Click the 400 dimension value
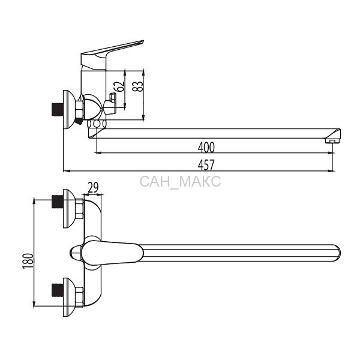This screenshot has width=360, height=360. tap(206, 148)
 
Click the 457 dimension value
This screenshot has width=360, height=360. tap(206, 165)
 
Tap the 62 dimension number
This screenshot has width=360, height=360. tap(121, 86)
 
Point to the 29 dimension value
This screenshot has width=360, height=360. tap(93, 187)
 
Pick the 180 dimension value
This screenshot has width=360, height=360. tap(28, 261)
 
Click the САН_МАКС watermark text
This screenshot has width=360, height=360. tap(180, 181)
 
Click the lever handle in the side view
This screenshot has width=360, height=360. tap(112, 55)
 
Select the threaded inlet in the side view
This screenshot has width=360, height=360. tap(58, 110)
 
